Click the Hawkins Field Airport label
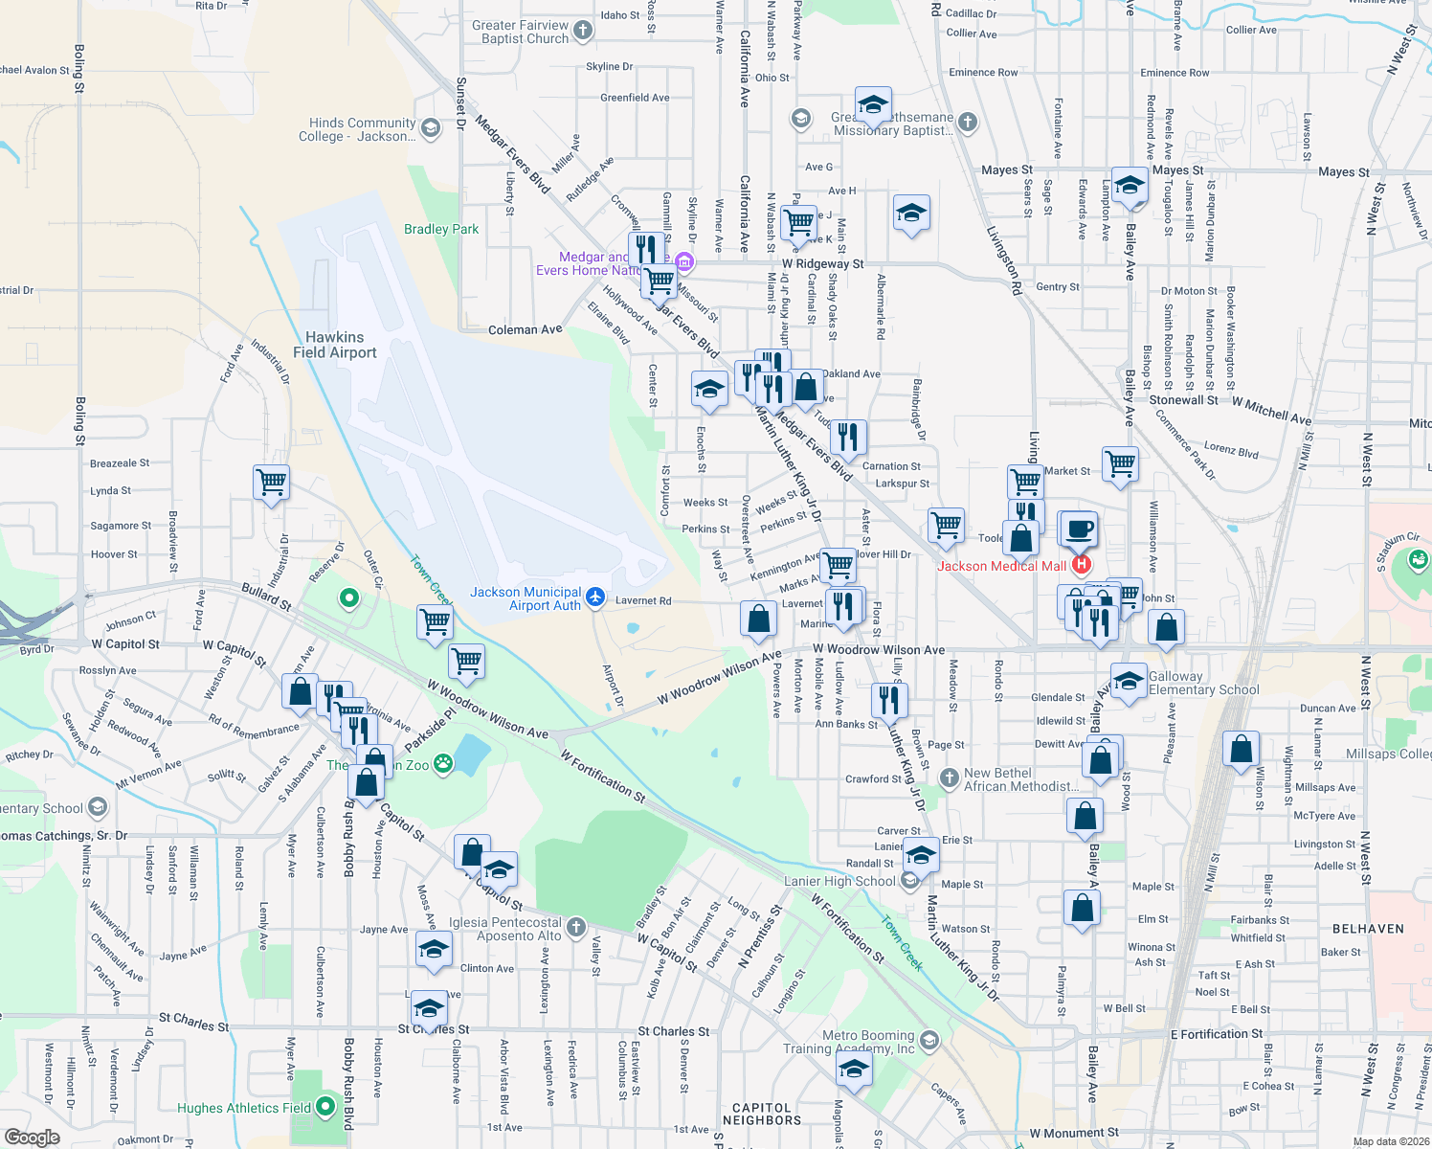334,345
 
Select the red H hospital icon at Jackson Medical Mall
1082,565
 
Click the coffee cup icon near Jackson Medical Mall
1079,529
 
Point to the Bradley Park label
441,229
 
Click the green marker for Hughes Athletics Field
325,1107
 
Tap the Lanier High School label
839,881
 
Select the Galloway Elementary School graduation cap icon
1129,681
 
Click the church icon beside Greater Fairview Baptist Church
583,32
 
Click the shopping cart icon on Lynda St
272,482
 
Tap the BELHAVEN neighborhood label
1368,929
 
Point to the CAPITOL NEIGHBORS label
762,1114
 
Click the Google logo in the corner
32,1138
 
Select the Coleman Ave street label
525,329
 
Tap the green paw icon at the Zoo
443,764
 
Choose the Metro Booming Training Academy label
867,1042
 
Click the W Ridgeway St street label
822,263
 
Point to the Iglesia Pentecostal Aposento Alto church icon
575,927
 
